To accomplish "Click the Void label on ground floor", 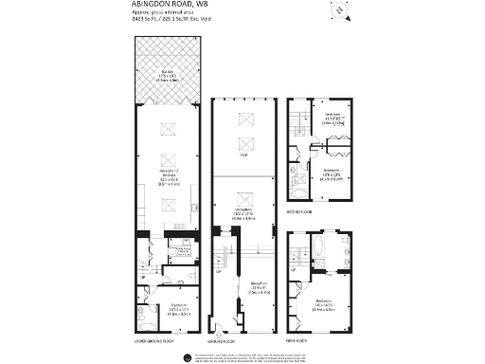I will coord(243,155).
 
